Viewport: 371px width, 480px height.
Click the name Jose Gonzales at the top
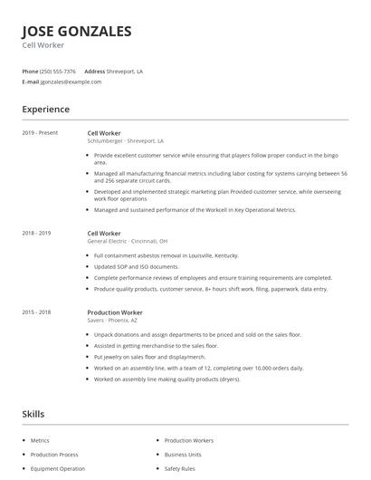[x=77, y=31]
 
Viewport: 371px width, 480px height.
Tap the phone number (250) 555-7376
[x=59, y=71]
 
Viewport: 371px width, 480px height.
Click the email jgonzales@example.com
[x=71, y=82]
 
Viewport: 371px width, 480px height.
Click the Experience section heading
[x=45, y=110]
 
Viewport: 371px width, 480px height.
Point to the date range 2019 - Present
[x=40, y=133]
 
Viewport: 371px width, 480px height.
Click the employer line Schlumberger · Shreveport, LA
[x=125, y=141]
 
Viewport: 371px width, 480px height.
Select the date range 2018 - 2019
[x=36, y=233]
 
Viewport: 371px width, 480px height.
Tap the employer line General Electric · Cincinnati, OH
[x=127, y=242]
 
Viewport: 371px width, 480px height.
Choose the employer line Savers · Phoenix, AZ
[x=113, y=320]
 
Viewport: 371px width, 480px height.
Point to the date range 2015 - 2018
[x=36, y=312]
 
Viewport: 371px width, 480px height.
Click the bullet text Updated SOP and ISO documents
[x=136, y=266]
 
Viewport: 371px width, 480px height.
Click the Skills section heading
[x=33, y=414]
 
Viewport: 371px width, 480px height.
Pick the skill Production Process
[x=54, y=454]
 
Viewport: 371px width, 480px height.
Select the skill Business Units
[x=183, y=454]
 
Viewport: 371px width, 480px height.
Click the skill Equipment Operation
[x=58, y=468]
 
